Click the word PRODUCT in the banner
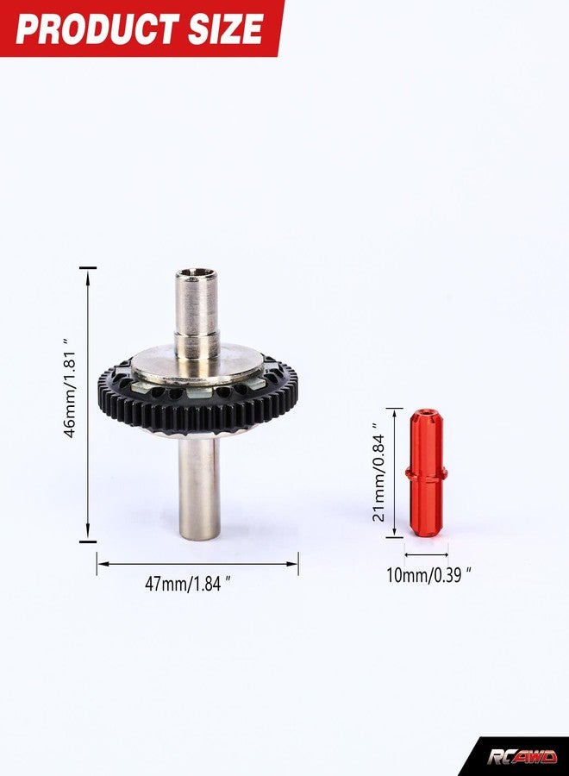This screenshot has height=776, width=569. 97,28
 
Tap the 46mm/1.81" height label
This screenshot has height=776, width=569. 70,388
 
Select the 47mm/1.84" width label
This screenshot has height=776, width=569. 188,584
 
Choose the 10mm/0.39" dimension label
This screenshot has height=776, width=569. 428,576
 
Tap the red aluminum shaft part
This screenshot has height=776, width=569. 427,472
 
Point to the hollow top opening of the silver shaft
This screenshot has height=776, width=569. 196,272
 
